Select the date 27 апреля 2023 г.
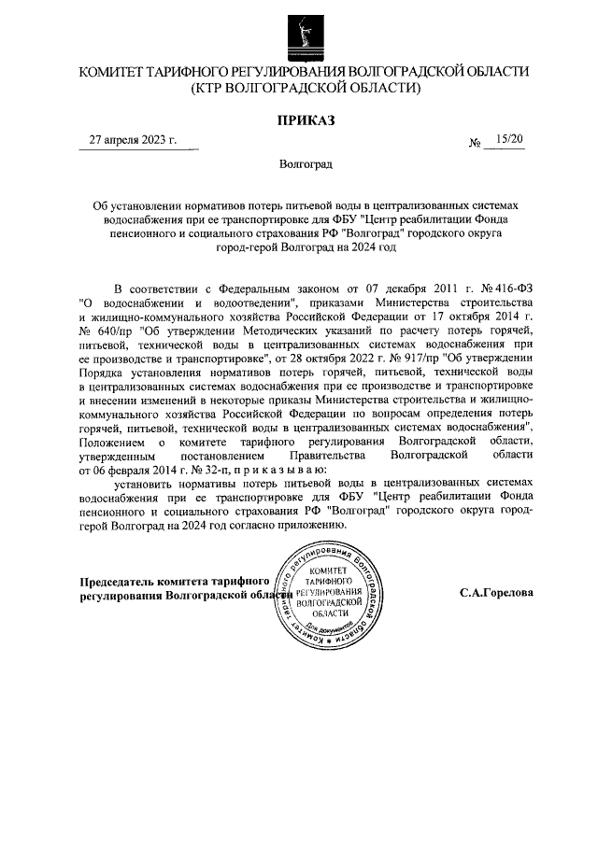point(133,140)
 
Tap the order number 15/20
point(510,139)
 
